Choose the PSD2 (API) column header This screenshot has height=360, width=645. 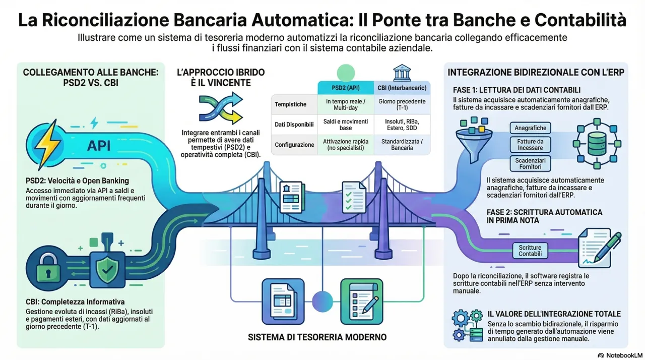click(345, 87)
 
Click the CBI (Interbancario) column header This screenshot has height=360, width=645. click(402, 87)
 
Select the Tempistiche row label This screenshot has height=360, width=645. click(291, 104)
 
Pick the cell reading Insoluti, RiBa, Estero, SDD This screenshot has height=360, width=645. click(402, 124)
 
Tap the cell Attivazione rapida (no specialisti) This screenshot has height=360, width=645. click(345, 144)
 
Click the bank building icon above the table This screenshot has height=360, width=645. click(402, 72)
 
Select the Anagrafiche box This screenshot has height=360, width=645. click(530, 128)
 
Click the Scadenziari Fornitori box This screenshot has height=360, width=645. click(530, 163)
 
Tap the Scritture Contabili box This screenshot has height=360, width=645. click(530, 251)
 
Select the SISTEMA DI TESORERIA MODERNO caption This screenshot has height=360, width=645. click(317, 337)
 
